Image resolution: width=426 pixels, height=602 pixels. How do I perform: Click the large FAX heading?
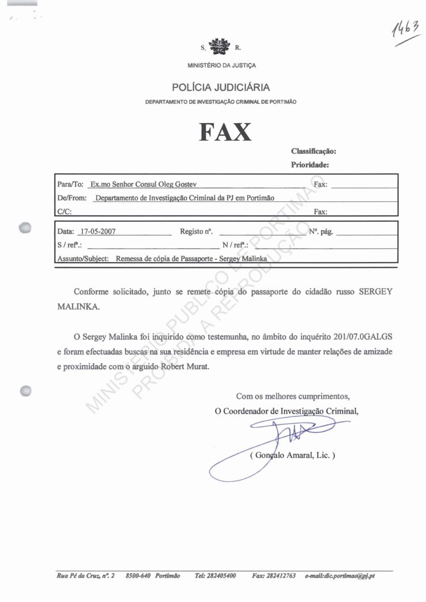pyautogui.click(x=225, y=132)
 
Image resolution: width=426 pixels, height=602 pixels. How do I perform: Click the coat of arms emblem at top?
pyautogui.click(x=220, y=47)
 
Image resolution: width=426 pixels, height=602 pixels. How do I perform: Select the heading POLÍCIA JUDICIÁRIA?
pyautogui.click(x=220, y=87)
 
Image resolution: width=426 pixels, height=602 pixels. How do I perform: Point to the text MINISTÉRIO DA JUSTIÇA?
pyautogui.click(x=222, y=65)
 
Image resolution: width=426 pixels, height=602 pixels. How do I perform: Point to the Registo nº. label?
pyautogui.click(x=196, y=231)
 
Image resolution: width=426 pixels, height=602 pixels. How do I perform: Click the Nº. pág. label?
pyautogui.click(x=321, y=231)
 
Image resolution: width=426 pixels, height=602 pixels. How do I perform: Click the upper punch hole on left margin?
pyautogui.click(x=24, y=228)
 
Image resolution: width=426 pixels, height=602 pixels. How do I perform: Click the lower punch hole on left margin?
pyautogui.click(x=24, y=390)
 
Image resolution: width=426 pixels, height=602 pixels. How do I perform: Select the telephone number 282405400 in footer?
pyautogui.click(x=221, y=576)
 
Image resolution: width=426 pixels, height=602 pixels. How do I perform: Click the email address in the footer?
pyautogui.click(x=340, y=576)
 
